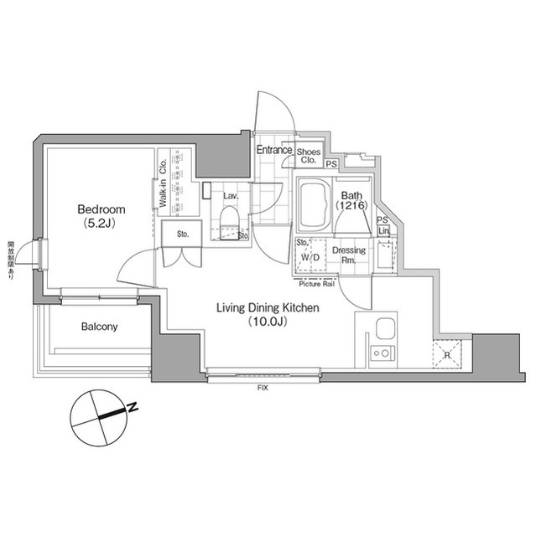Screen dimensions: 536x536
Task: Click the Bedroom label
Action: (101, 209)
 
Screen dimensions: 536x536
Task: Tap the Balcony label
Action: (100, 327)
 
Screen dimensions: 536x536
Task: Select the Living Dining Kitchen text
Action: (268, 308)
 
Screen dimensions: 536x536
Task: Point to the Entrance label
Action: (274, 150)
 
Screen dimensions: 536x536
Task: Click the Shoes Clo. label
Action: (309, 155)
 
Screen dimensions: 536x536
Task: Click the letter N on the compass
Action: (132, 409)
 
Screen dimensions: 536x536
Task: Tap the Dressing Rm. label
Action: (348, 255)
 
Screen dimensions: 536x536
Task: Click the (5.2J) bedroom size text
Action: (101, 224)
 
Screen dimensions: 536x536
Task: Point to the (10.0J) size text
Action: (268, 322)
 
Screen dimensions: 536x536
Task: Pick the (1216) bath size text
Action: (350, 204)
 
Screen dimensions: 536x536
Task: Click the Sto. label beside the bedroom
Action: (182, 234)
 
